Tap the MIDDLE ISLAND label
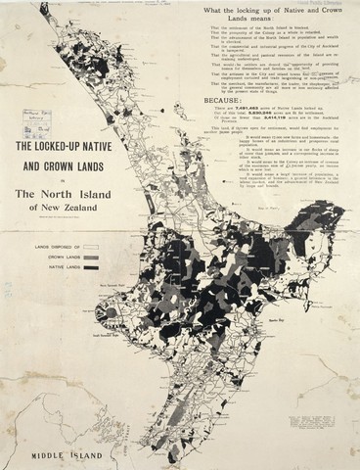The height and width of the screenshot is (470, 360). [x=61, y=455]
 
